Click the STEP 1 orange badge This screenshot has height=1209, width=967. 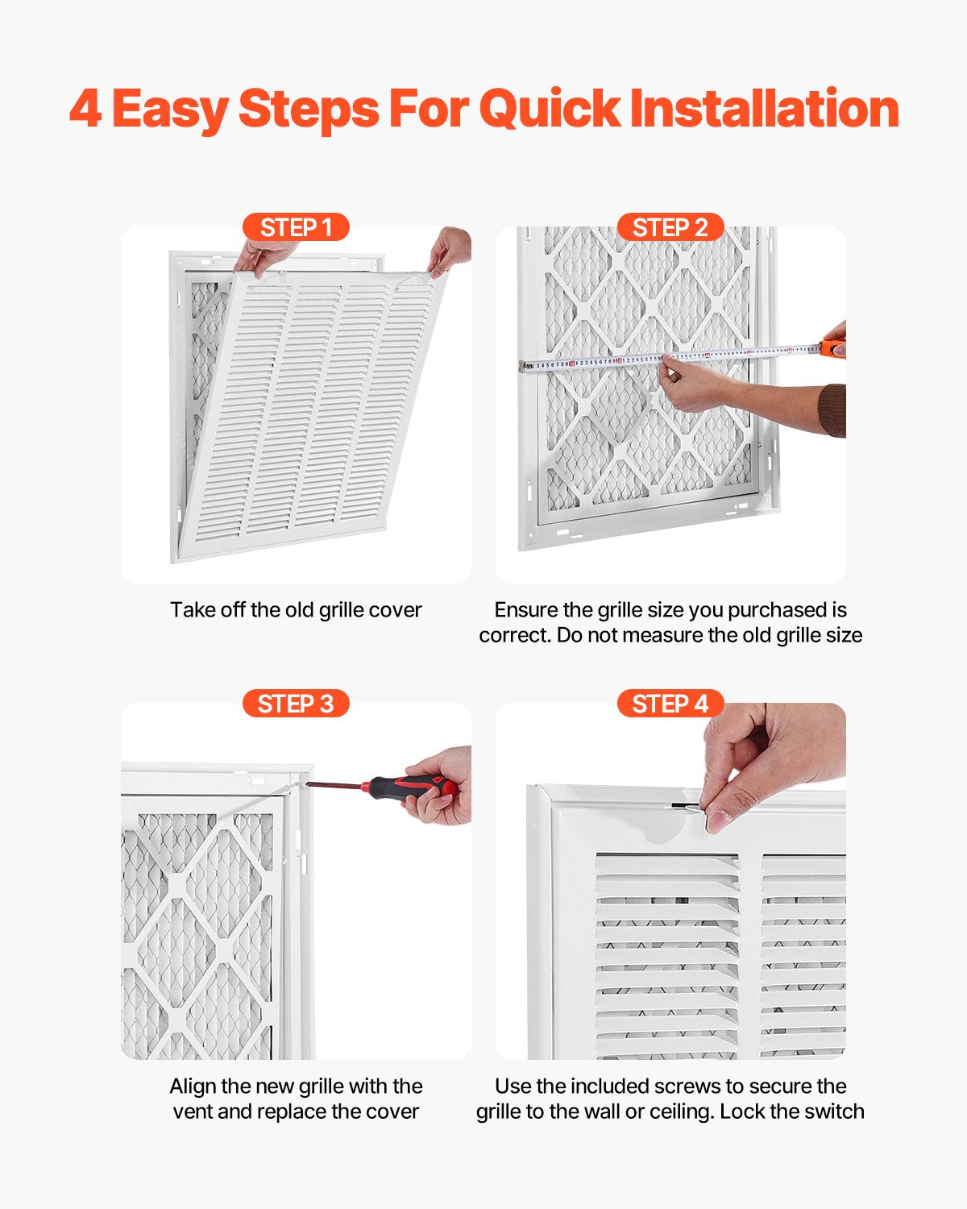(296, 227)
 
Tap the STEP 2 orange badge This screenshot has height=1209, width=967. (670, 227)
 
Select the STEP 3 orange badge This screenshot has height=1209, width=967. (296, 704)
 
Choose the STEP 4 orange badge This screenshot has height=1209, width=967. (670, 704)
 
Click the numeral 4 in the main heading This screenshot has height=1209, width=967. (85, 109)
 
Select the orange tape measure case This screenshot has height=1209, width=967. (833, 349)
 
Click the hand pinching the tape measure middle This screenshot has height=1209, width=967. (693, 385)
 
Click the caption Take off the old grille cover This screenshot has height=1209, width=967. (296, 610)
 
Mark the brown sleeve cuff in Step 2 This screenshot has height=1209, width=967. (833, 410)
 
